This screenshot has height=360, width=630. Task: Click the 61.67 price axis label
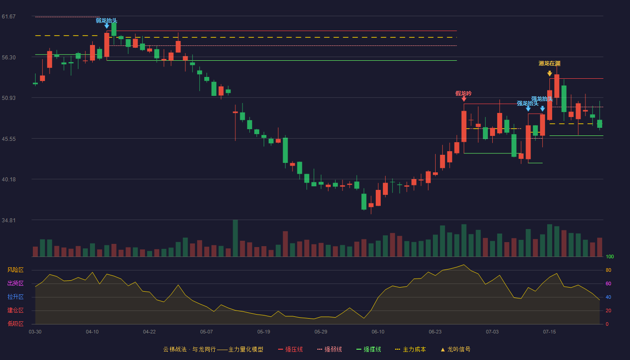tap(9, 17)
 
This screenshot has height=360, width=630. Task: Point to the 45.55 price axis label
tap(9, 139)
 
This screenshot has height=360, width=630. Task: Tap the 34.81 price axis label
tap(9, 220)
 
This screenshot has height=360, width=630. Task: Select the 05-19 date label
tap(264, 332)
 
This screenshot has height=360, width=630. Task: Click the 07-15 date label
tap(549, 332)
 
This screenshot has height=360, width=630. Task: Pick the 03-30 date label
tap(35, 332)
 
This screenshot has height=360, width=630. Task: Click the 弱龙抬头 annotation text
tap(107, 21)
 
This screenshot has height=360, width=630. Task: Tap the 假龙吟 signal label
tap(463, 94)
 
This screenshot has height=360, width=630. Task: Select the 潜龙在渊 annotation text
tap(549, 63)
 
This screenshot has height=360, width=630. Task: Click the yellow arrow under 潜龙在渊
tap(549, 73)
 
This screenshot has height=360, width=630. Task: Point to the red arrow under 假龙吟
tap(464, 99)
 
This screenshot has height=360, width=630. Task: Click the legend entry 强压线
tap(290, 349)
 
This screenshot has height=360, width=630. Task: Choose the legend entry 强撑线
tap(369, 349)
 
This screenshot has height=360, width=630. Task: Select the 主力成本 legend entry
tap(410, 349)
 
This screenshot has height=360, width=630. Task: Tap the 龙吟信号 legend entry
tap(455, 349)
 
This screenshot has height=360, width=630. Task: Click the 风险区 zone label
tap(15, 270)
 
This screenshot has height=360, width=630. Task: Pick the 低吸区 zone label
tap(15, 324)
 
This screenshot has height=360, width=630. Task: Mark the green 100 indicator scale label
tap(610, 256)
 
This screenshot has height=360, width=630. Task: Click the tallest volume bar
tap(235, 238)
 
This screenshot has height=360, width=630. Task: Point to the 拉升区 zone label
tap(15, 297)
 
